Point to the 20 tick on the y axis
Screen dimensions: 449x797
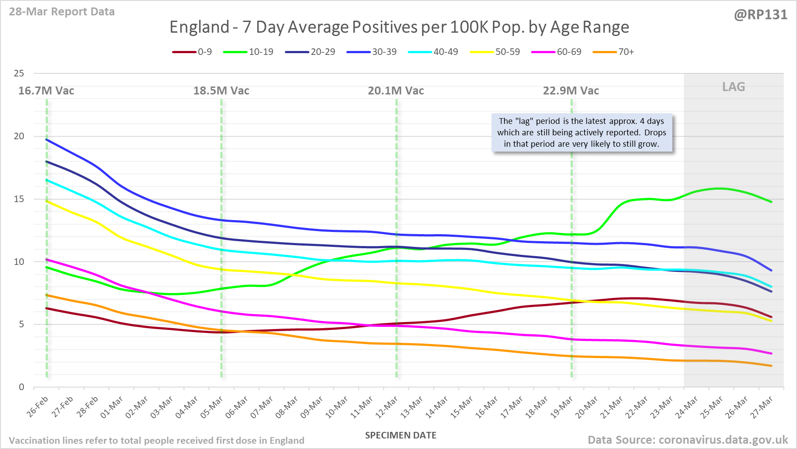19,136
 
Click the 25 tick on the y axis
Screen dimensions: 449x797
19,73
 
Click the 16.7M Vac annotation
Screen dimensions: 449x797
46,91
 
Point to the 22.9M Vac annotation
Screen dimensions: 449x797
571,91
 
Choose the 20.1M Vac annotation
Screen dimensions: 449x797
396,91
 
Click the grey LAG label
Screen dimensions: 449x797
734,87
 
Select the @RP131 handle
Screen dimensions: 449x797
761,15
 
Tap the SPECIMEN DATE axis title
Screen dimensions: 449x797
401,435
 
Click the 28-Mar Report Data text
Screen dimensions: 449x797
62,12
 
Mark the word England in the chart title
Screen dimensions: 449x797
199,27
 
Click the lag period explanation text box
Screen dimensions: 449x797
582,133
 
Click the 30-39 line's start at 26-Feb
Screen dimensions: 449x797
47,140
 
